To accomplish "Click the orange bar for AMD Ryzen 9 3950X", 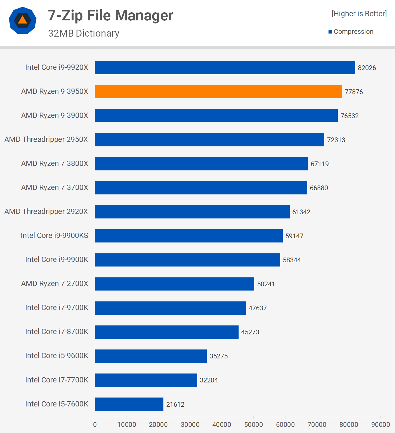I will coord(218,92).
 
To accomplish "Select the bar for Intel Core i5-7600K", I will coord(129,404).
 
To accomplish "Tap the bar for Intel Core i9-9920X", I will coord(225,68).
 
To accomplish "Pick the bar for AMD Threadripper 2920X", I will coord(192,212).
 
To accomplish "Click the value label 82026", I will coord(367,68).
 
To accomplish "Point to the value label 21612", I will coord(175,405).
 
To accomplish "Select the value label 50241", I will coord(266,284).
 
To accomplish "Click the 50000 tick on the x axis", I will coord(253,425).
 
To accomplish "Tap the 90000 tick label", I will coord(380,425).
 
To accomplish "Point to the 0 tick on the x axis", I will coord(95,425).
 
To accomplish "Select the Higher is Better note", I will coord(359,14).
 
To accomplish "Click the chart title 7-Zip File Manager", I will coord(110,15).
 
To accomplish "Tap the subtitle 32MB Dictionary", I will coord(84,33).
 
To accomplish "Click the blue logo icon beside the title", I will coord(23,20).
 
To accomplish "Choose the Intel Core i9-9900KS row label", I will coord(54,235).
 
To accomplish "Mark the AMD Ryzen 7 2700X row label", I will coord(55,284).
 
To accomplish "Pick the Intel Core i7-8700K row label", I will coord(57,332).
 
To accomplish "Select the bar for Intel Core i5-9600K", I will coord(151,356).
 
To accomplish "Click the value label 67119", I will coord(320,164).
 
